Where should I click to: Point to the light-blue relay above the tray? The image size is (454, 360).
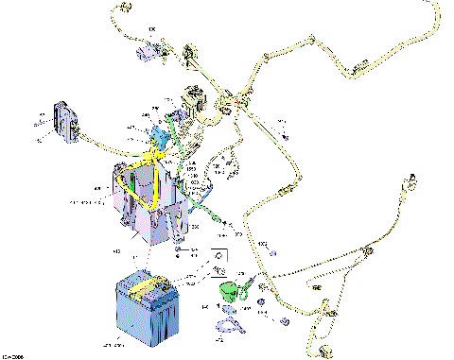(x=157, y=135)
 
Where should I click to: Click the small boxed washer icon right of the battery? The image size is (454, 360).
(x=218, y=256)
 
